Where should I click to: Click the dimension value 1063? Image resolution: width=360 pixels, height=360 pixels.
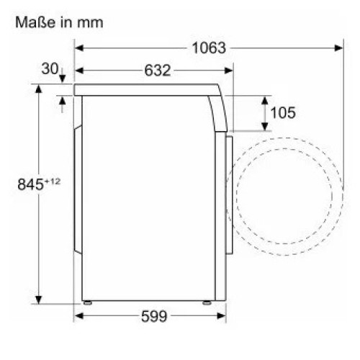pos(209,48)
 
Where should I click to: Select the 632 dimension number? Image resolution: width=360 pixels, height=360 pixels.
pos(158,71)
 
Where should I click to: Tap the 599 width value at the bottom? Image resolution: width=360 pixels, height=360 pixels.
pos(154,316)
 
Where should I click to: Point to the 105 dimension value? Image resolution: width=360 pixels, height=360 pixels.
pos(283,112)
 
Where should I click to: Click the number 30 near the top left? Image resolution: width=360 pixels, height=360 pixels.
pos(50,68)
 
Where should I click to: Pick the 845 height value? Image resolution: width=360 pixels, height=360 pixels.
pos(30,184)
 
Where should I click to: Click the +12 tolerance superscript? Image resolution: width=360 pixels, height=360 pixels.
pos(52,181)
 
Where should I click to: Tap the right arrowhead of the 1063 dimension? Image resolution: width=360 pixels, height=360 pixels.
pos(339,48)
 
